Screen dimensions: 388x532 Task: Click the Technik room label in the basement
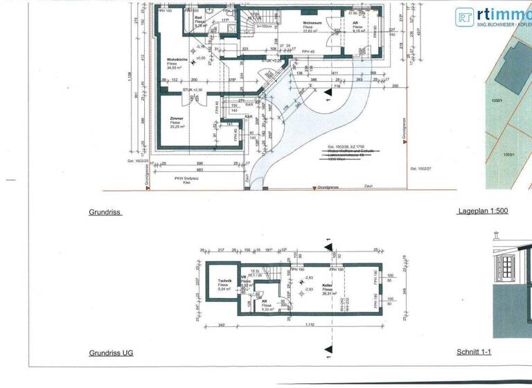(224, 281)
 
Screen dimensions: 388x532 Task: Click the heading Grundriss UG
(111, 353)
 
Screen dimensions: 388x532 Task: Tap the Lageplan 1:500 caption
(482, 211)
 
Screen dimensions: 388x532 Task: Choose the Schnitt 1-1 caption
(475, 353)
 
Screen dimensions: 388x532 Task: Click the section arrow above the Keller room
(328, 245)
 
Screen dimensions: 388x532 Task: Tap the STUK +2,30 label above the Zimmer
(193, 90)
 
